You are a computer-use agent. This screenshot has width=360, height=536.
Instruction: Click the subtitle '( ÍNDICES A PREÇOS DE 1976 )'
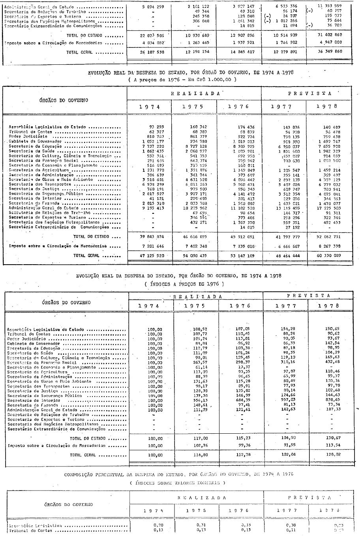184,284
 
